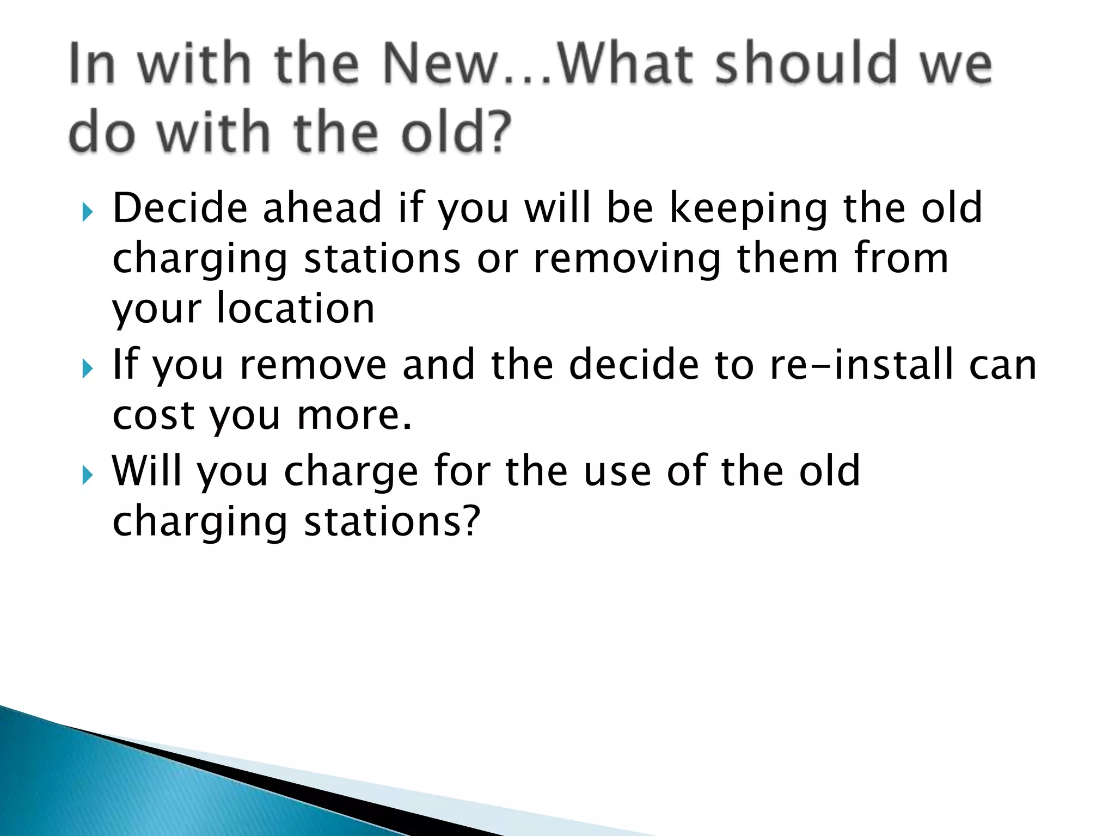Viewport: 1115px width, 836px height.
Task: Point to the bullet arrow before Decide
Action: coord(87,212)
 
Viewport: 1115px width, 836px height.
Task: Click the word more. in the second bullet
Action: coord(354,415)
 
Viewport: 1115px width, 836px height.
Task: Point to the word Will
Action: coord(147,470)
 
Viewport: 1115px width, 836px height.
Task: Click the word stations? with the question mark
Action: coord(392,521)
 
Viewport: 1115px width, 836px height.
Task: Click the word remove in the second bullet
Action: coord(313,365)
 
